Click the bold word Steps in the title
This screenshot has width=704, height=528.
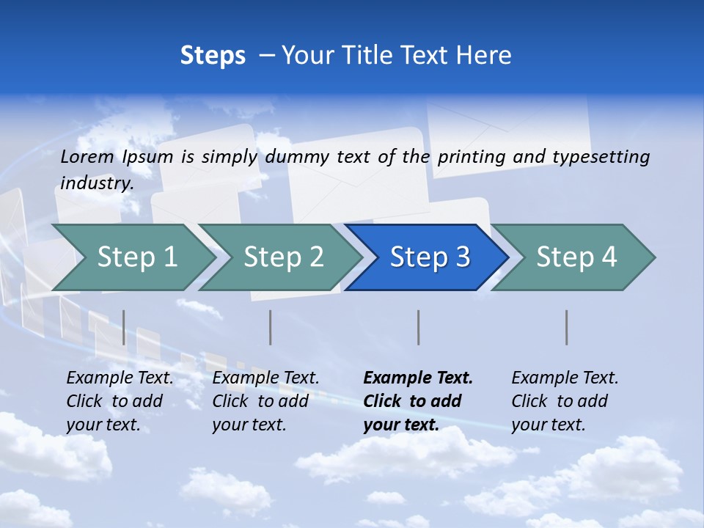tap(213, 56)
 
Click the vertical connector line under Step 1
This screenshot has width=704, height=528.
tap(124, 327)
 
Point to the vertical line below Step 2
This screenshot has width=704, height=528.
tap(271, 327)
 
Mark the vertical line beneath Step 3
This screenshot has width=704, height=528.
tap(418, 327)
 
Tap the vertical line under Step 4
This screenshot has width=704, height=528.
tap(566, 327)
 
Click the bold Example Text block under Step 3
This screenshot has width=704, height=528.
tap(417, 401)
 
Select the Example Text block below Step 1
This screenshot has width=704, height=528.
tap(120, 401)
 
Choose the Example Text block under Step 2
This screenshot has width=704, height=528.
tap(265, 401)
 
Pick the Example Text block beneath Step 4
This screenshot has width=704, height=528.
tap(565, 401)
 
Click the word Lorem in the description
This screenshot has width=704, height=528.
tap(87, 157)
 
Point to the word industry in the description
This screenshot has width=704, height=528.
tap(97, 183)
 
